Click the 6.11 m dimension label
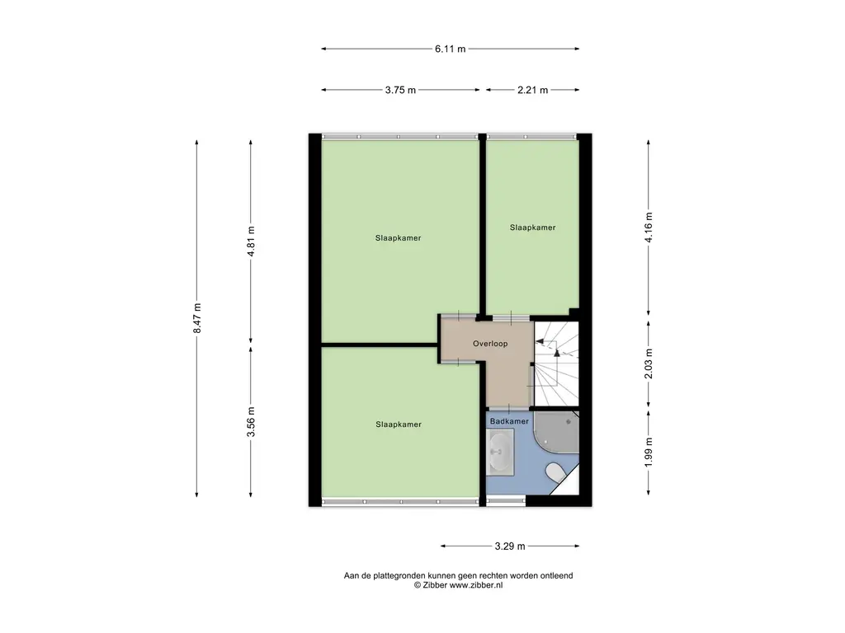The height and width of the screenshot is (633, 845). [x=450, y=49]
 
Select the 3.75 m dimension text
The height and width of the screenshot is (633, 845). [x=400, y=90]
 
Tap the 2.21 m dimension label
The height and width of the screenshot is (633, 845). [x=532, y=90]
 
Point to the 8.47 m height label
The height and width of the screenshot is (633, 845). [x=197, y=318]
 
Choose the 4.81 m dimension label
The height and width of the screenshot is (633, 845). [x=251, y=241]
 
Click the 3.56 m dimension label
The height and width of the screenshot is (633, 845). [x=251, y=422]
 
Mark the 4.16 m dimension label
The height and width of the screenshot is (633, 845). [x=649, y=227]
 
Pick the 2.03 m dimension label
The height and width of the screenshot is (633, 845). [x=649, y=363]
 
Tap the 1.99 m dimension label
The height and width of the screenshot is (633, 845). [x=649, y=452]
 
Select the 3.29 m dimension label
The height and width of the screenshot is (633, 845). [x=510, y=546]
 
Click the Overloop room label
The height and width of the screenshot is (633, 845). [x=490, y=344]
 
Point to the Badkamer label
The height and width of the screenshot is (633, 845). [x=509, y=421]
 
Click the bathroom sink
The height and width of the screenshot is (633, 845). [x=500, y=452]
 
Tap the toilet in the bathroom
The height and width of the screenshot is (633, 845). [x=555, y=472]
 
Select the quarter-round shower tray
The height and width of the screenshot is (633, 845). [x=556, y=432]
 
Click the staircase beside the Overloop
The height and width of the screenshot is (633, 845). [x=556, y=363]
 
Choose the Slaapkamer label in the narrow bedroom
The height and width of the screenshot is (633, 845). [x=532, y=227]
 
